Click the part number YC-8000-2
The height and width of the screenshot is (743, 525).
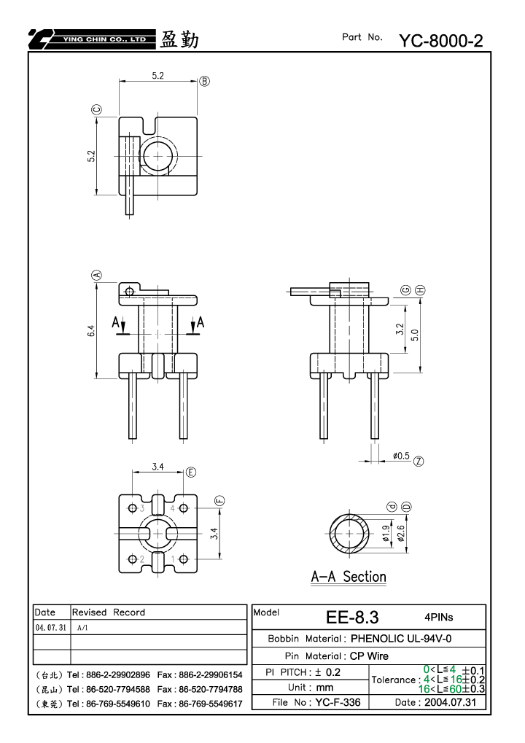coord(440,41)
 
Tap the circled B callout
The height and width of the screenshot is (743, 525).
coord(204,81)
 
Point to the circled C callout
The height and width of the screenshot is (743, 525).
coord(96,110)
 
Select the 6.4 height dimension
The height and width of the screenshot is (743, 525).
coord(91,331)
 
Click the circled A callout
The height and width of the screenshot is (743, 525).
coord(96,275)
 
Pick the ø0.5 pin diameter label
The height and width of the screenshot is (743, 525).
coord(401,456)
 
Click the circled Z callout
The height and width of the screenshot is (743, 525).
coord(419,461)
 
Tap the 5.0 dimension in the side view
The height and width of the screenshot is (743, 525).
coord(415,335)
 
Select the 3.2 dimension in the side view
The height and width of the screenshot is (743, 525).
coord(400,330)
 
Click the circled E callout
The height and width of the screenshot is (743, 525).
coord(190,472)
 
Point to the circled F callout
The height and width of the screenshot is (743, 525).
coord(219,500)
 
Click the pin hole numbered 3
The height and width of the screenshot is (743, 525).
coord(133,508)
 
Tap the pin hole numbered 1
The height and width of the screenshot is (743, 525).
coord(184,559)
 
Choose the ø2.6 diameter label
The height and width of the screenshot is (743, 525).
coord(401,533)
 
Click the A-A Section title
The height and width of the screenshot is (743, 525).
coord(349,577)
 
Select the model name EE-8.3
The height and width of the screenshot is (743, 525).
coord(352,618)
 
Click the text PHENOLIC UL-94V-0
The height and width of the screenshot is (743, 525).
coord(401,639)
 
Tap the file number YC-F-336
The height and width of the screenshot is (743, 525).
coord(338,702)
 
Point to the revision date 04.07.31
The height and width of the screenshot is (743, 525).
coord(51,627)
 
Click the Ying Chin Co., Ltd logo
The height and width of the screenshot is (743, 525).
coord(92,39)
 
